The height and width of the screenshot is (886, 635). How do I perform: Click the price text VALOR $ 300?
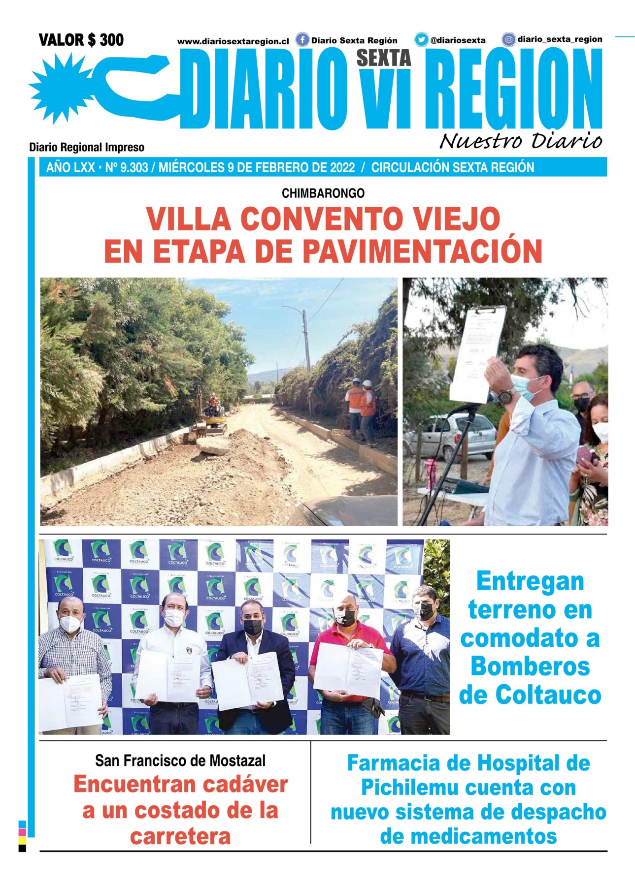81,40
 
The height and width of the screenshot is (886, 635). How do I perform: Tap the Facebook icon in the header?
302,40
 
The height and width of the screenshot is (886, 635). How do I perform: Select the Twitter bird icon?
421,39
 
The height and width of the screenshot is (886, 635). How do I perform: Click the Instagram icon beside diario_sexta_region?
509,39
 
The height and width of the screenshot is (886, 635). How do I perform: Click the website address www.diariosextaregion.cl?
233,42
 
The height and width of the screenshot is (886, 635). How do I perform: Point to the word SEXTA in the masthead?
384,58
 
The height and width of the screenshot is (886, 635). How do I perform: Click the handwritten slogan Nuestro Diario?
520,141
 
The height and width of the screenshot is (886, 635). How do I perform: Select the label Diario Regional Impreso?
87,147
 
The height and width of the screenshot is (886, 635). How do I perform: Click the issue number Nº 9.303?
127,168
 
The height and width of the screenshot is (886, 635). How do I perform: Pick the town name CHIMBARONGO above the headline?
323,193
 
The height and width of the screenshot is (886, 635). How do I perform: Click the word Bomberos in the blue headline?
530,666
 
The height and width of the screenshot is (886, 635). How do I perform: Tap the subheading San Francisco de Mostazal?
180,760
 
